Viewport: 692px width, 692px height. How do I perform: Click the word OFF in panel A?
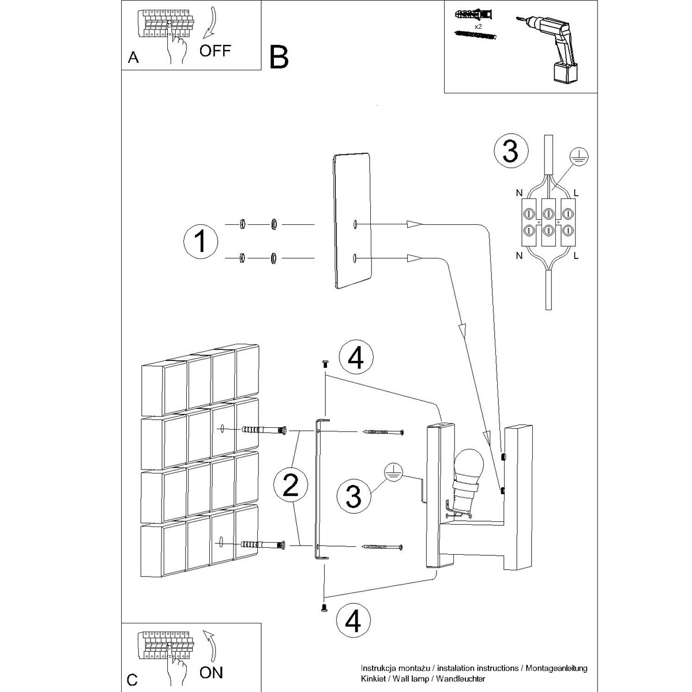[x=215, y=51]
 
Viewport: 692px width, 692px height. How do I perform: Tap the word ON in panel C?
[x=211, y=672]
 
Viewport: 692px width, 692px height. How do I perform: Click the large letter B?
[x=279, y=58]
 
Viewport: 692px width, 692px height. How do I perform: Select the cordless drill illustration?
[x=548, y=48]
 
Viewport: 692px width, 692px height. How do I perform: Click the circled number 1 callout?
[x=200, y=241]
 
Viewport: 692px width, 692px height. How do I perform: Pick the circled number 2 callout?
[x=291, y=485]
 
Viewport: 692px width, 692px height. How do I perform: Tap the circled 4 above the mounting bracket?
[x=356, y=358]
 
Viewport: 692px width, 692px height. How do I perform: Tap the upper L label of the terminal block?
[x=576, y=193]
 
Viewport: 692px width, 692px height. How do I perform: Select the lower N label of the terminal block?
[x=519, y=255]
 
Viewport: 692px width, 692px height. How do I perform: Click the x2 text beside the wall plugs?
[x=478, y=27]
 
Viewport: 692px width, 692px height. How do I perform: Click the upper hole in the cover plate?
[x=355, y=224]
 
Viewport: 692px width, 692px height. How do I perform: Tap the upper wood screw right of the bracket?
[x=383, y=432]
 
